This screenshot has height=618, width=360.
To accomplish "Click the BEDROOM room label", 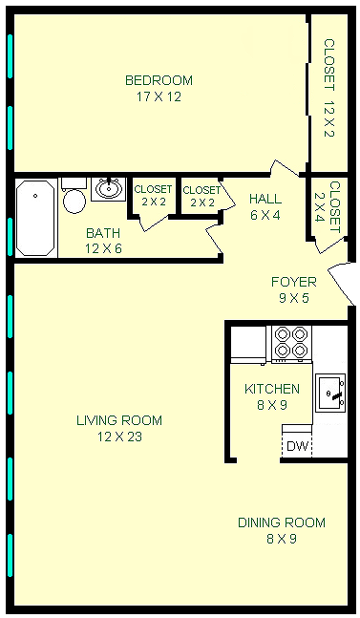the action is tap(159, 80).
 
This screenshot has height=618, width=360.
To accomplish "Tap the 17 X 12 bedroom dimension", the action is tap(159, 96).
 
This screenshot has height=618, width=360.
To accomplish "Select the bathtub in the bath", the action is tap(36, 218).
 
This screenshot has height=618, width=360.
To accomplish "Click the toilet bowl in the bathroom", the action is tap(74, 201).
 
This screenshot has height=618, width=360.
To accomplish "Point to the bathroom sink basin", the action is tap(108, 189).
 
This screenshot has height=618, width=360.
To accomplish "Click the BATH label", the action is tap(103, 233).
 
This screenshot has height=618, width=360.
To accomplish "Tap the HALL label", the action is tap(265, 199).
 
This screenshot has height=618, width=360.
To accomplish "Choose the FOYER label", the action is tap(294, 282).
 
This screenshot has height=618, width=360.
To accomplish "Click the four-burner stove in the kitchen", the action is tap(291, 343).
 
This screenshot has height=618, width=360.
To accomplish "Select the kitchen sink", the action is tap(330, 393).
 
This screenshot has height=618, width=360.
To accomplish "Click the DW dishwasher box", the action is tap(297, 446).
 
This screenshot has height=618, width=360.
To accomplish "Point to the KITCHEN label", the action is tap(272, 389).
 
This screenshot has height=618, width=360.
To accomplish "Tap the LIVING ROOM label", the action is tap(119, 420).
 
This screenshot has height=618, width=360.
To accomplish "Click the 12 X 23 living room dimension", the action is tap(119, 437).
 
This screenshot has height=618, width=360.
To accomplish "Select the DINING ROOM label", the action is tap(282, 522).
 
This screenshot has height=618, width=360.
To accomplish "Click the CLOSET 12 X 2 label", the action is tap(328, 88).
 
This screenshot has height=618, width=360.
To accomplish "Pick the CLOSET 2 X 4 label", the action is tap(327, 207).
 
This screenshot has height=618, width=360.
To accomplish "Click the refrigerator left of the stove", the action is tap(248, 344).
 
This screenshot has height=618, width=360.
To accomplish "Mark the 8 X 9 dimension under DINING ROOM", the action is tap(282, 539).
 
